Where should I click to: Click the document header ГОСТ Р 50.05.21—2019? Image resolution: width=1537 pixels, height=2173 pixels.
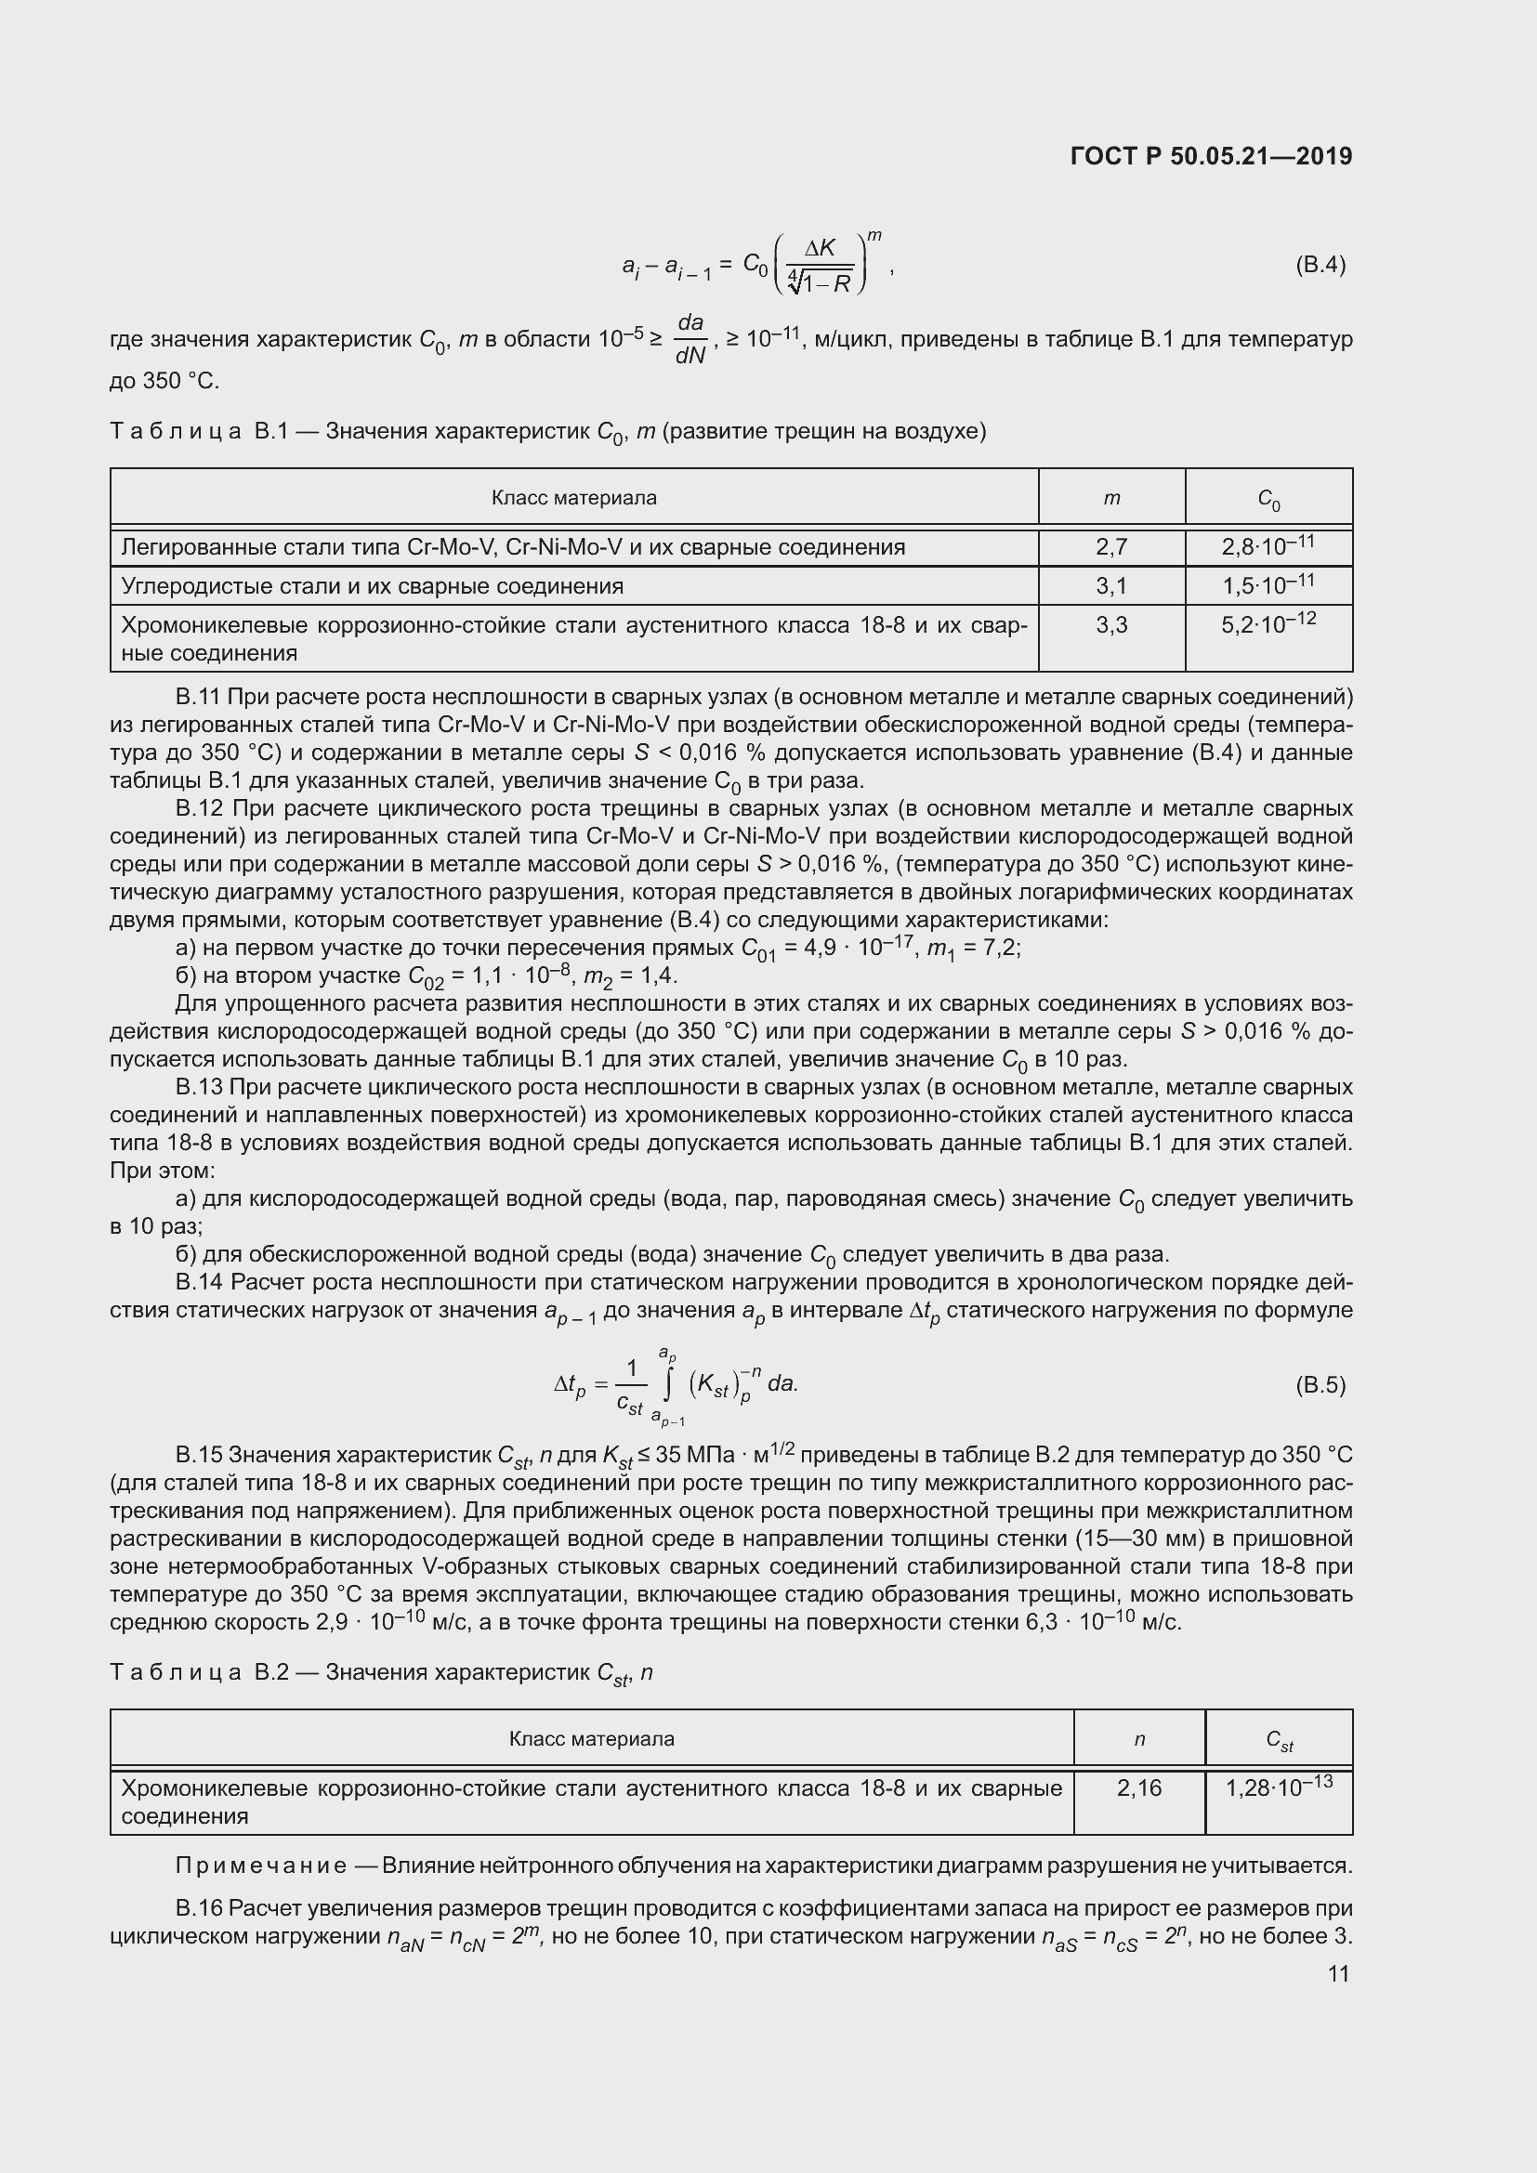point(1211,156)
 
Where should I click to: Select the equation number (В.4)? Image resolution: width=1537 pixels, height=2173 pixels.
point(1320,265)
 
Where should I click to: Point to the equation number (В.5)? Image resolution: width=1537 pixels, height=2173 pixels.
point(1320,1385)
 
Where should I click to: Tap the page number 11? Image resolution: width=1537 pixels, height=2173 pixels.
point(1338,1973)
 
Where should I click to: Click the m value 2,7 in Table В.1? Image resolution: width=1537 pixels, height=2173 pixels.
point(1111,547)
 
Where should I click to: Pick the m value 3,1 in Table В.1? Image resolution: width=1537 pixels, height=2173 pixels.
point(1111,586)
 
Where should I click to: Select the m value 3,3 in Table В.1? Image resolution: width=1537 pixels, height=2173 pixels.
point(1111,624)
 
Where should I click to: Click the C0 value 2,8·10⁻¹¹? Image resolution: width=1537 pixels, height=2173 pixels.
point(1268,546)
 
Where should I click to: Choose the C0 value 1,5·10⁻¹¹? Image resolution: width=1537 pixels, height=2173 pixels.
point(1268,585)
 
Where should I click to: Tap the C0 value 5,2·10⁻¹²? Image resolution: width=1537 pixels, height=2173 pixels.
point(1268,623)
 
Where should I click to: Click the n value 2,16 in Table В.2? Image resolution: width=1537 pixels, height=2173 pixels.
point(1138,1787)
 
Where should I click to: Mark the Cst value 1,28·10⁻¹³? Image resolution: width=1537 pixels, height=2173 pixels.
point(1279,1787)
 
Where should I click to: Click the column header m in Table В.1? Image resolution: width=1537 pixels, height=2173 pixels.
point(1111,498)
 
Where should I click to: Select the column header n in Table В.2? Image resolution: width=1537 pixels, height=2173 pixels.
point(1138,1738)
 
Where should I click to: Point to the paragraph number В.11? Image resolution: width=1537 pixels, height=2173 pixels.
point(197,698)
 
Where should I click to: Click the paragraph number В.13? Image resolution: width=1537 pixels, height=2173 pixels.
point(197,1088)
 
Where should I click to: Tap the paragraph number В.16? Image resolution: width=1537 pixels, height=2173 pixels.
point(197,1908)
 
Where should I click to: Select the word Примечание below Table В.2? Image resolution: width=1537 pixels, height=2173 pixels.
point(260,1865)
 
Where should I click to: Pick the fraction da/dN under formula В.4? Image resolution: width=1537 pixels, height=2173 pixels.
point(690,340)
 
